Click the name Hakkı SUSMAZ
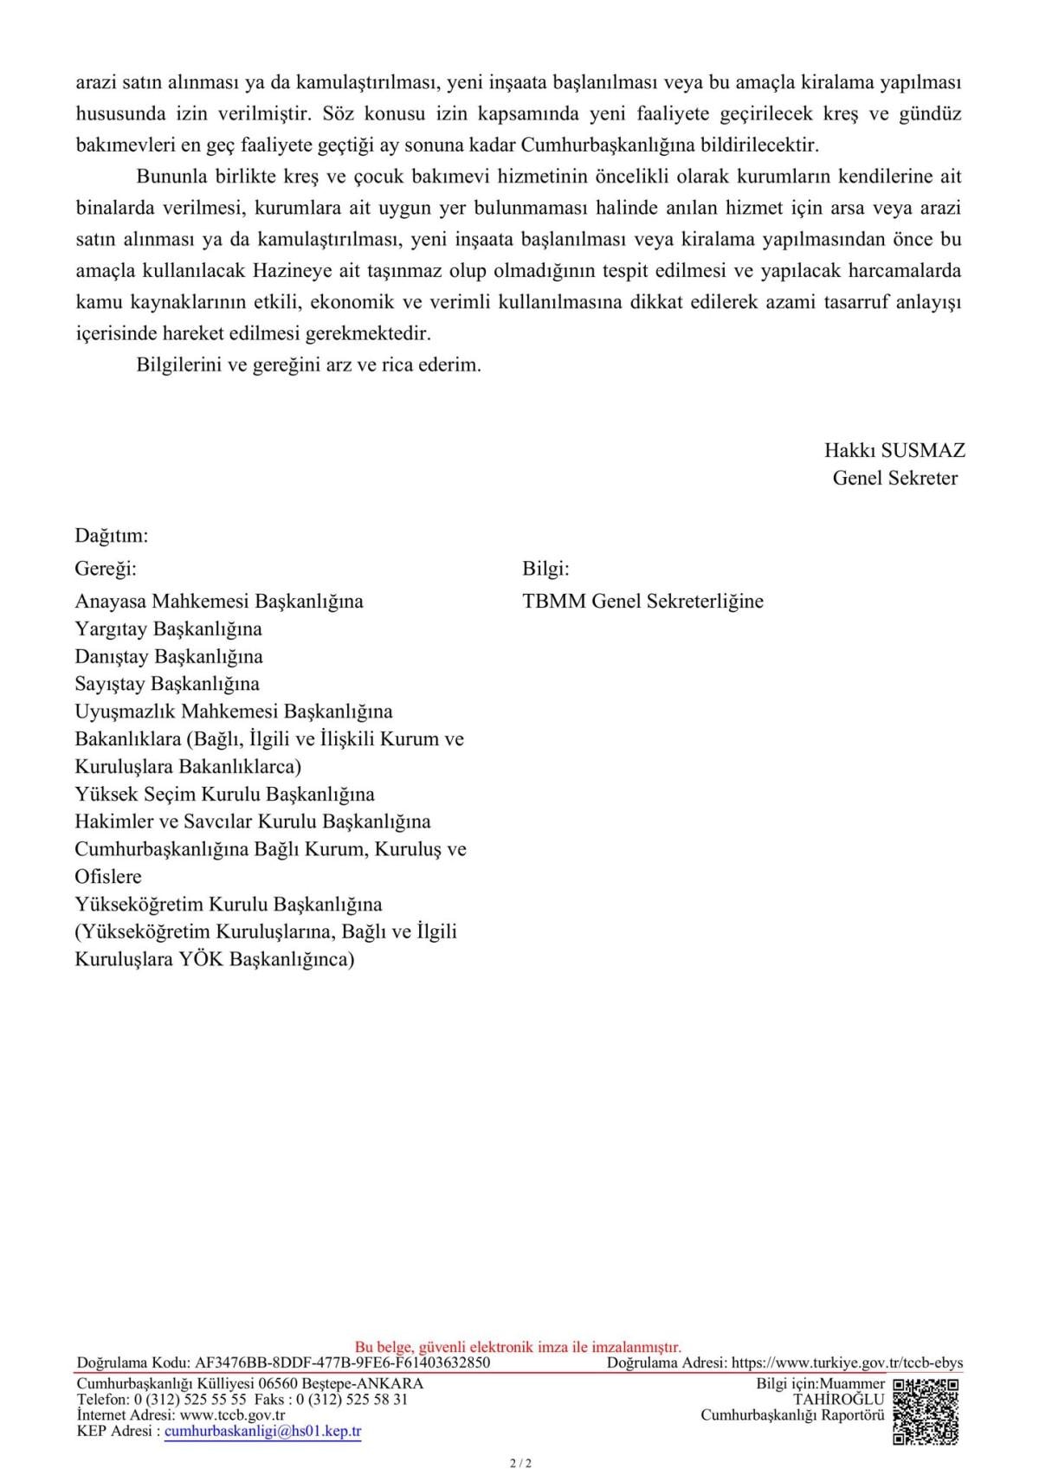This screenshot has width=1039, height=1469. [x=894, y=450]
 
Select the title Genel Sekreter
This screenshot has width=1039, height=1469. [x=894, y=478]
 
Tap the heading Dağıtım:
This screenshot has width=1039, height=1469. [x=112, y=536]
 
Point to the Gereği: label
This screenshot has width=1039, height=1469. [x=106, y=569]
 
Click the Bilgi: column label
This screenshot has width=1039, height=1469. [x=545, y=569]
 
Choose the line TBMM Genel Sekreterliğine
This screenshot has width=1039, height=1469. [x=642, y=601]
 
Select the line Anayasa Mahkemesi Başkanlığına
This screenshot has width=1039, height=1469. [x=219, y=601]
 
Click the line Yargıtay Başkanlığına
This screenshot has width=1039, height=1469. [x=169, y=628]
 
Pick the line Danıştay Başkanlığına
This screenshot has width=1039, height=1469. [x=169, y=656]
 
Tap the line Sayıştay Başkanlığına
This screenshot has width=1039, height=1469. [x=167, y=684]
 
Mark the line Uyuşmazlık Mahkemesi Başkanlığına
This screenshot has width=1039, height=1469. [x=234, y=712]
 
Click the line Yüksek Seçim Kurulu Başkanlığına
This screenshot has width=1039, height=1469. [x=225, y=794]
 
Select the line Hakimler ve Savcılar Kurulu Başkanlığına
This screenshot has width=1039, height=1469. [x=253, y=821]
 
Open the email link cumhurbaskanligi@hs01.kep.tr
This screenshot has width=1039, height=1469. [x=262, y=1432]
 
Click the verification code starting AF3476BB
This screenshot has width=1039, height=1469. [x=342, y=1363]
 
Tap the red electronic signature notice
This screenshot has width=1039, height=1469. [x=518, y=1347]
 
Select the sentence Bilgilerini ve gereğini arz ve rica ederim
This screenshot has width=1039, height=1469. [x=308, y=364]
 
